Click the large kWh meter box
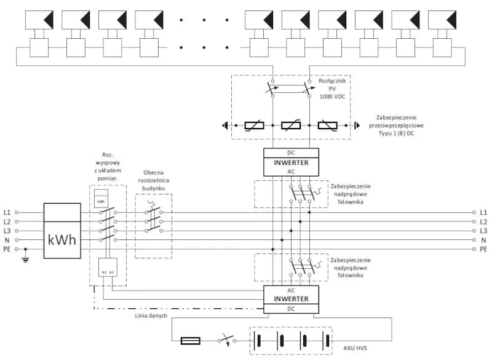(62, 231)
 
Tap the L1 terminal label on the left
(7, 212)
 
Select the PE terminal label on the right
(483, 249)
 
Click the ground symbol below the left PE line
(25, 259)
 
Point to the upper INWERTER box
(291, 162)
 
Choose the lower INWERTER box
(291, 299)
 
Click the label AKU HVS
(353, 347)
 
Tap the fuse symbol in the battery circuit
(190, 339)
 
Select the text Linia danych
(151, 316)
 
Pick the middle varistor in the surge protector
(291, 126)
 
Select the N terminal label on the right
(483, 240)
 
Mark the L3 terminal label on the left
(7, 231)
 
